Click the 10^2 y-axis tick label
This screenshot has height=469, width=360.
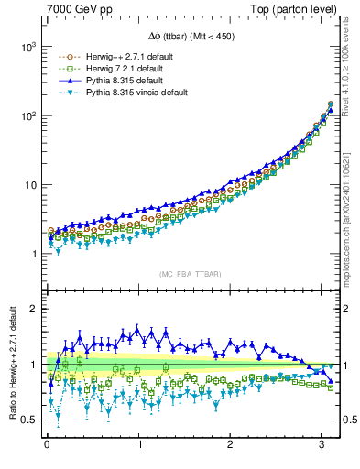click(x=28, y=115)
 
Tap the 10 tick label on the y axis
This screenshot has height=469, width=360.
click(x=31, y=185)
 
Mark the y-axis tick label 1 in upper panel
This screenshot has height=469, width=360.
click(x=35, y=255)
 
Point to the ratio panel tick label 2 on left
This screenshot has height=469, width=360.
click(x=35, y=309)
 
